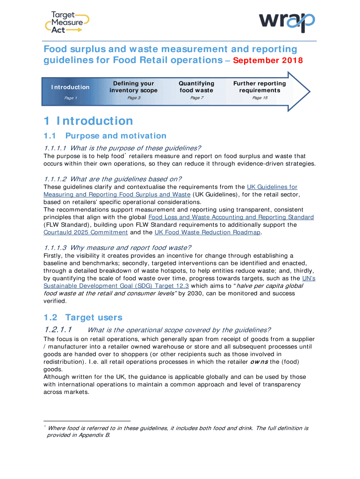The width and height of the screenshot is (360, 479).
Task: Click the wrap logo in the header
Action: pyautogui.click(x=287, y=22)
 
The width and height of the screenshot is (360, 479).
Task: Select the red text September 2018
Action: pyautogui.click(x=268, y=61)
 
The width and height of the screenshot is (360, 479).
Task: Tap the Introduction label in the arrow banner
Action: pyautogui.click(x=70, y=87)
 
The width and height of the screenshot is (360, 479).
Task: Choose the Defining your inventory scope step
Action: pyautogui.click(x=133, y=87)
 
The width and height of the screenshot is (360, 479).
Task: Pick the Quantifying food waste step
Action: pyautogui.click(x=196, y=87)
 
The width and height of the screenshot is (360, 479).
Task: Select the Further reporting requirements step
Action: pyautogui.click(x=259, y=87)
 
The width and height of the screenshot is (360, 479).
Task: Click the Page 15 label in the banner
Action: pyautogui.click(x=260, y=98)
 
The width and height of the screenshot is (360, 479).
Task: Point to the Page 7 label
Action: pyautogui.click(x=196, y=98)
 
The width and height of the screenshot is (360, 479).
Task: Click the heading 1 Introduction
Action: pyautogui.click(x=88, y=121)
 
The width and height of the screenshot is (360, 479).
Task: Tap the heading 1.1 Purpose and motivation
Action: pyautogui.click(x=105, y=136)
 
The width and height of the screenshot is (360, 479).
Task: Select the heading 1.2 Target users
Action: pyautogui.click(x=83, y=318)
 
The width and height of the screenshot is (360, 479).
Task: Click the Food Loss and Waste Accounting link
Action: pyautogui.click(x=231, y=218)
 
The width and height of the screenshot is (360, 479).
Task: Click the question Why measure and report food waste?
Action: pyautogui.click(x=117, y=247)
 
